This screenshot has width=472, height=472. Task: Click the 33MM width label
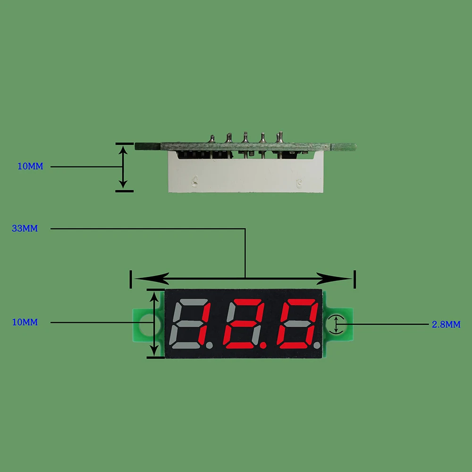(25, 229)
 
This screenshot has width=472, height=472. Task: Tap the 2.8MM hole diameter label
(446, 325)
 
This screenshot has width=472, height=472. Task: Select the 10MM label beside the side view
(30, 167)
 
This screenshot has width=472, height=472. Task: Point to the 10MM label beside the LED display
(25, 322)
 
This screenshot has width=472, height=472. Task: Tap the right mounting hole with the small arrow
(336, 325)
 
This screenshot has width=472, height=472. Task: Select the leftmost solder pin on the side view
(212, 139)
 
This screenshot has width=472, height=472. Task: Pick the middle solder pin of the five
(245, 138)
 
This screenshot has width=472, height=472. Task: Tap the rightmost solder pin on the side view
(279, 137)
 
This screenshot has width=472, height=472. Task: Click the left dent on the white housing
(194, 180)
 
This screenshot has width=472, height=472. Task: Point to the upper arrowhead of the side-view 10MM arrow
(124, 150)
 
